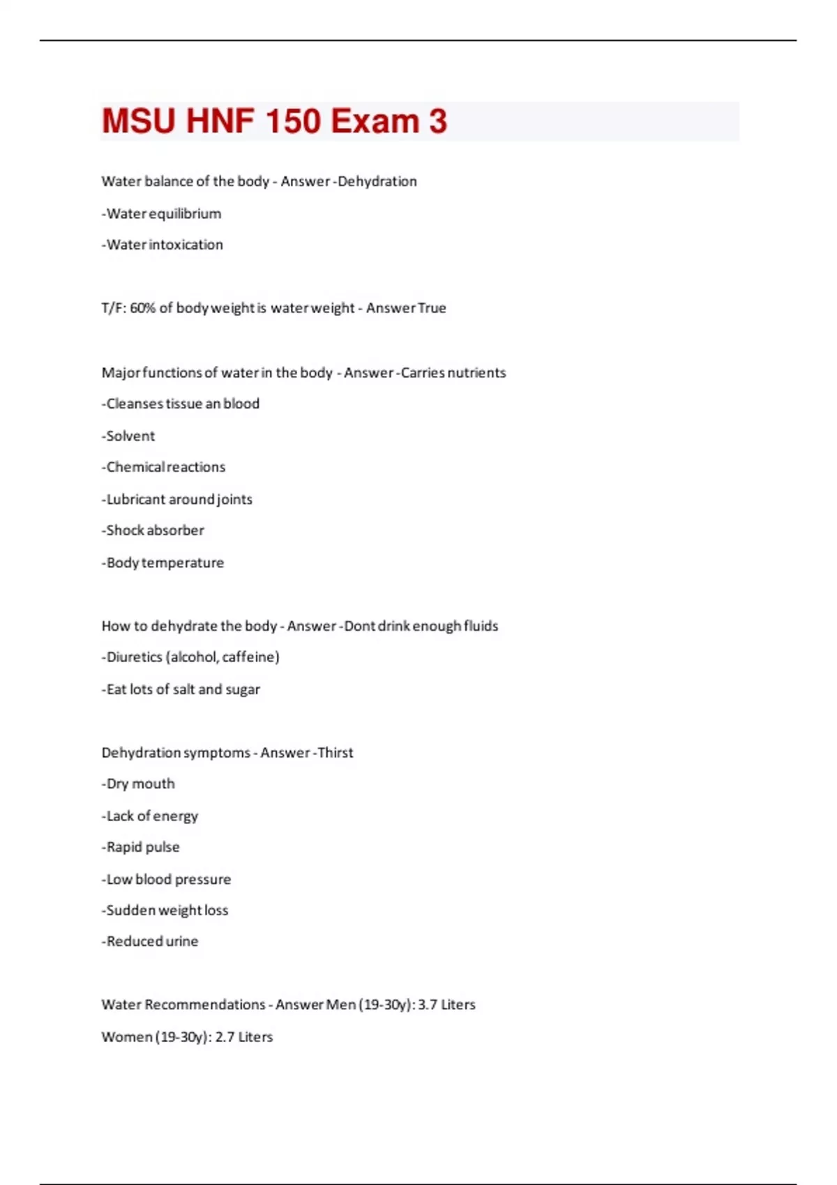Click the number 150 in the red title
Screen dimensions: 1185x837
coord(293,121)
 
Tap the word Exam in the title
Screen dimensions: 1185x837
coord(375,121)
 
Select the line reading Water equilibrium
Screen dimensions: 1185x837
coord(162,213)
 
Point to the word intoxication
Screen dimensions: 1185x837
coord(186,245)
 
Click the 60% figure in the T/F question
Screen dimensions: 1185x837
coord(142,308)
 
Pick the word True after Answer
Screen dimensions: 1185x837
coord(432,308)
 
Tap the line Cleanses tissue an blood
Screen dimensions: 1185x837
coord(181,404)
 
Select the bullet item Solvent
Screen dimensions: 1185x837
coord(129,436)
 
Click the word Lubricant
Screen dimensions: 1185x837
coord(136,499)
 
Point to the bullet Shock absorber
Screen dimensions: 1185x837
coord(153,530)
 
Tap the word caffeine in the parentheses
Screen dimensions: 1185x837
coord(250,657)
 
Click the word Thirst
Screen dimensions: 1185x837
coord(335,753)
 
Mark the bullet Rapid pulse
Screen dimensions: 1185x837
coord(142,847)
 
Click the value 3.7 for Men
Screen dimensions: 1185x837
coord(427,1004)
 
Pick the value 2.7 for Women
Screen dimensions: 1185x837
coord(225,1037)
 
